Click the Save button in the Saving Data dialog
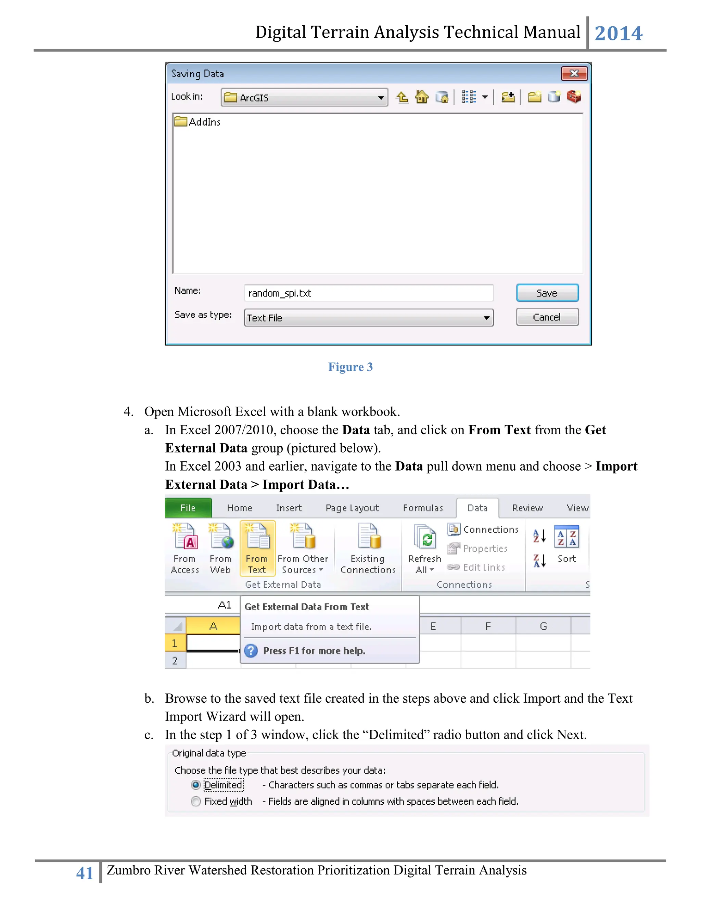click(547, 293)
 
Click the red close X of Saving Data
click(574, 74)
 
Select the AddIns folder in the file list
click(198, 122)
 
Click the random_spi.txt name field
click(368, 293)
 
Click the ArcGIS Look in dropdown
click(304, 98)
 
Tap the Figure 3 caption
click(350, 367)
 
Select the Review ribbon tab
click(527, 508)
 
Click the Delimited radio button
click(195, 785)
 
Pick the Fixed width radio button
click(195, 801)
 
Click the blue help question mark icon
click(251, 650)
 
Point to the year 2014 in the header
click(619, 33)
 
